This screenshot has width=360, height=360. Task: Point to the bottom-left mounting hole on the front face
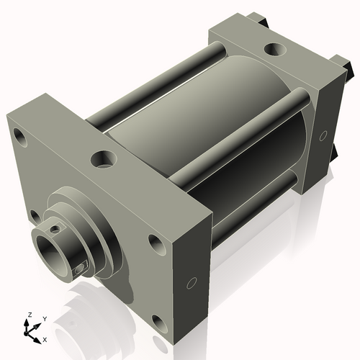click(34, 215)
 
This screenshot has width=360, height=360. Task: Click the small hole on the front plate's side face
click(191, 282)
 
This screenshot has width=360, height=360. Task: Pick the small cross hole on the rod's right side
click(80, 267)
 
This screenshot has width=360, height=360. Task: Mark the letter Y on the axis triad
click(44, 318)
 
